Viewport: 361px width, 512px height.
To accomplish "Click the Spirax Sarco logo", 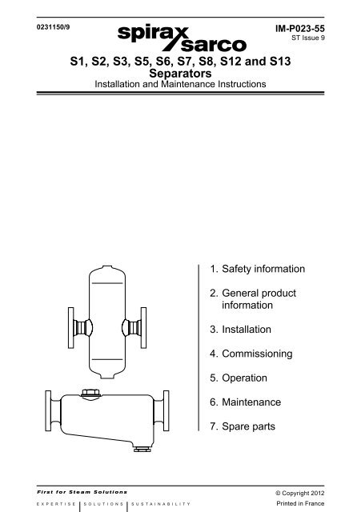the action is [182, 38].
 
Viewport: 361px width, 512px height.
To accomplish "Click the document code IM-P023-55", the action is [300, 29].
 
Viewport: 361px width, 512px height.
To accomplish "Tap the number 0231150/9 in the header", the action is [53, 27].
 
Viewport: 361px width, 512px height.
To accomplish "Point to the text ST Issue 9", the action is [308, 38].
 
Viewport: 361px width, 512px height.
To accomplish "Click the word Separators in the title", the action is [180, 73].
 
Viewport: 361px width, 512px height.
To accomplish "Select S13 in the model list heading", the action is [280, 62].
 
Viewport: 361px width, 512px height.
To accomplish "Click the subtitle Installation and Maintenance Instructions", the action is [180, 84].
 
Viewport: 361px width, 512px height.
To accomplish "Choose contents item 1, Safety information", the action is [258, 269].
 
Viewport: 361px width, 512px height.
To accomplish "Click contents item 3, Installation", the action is [240, 329].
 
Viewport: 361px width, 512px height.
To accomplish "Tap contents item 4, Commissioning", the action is [251, 354].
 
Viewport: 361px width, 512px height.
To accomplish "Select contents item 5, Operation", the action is [239, 378].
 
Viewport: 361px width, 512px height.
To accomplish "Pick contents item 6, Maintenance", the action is [246, 402].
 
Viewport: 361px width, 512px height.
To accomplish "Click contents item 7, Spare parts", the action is [243, 426].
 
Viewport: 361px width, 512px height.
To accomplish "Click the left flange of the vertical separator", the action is [71, 327].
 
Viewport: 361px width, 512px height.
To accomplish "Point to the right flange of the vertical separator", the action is [143, 327].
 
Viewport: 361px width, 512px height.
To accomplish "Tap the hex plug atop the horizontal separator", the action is [90, 393].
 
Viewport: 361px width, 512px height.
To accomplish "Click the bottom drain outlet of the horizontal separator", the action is [142, 448].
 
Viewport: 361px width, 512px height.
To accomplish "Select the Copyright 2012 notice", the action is [300, 493].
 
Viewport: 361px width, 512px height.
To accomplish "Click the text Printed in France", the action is [300, 503].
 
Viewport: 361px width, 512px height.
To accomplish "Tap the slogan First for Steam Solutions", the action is [82, 492].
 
